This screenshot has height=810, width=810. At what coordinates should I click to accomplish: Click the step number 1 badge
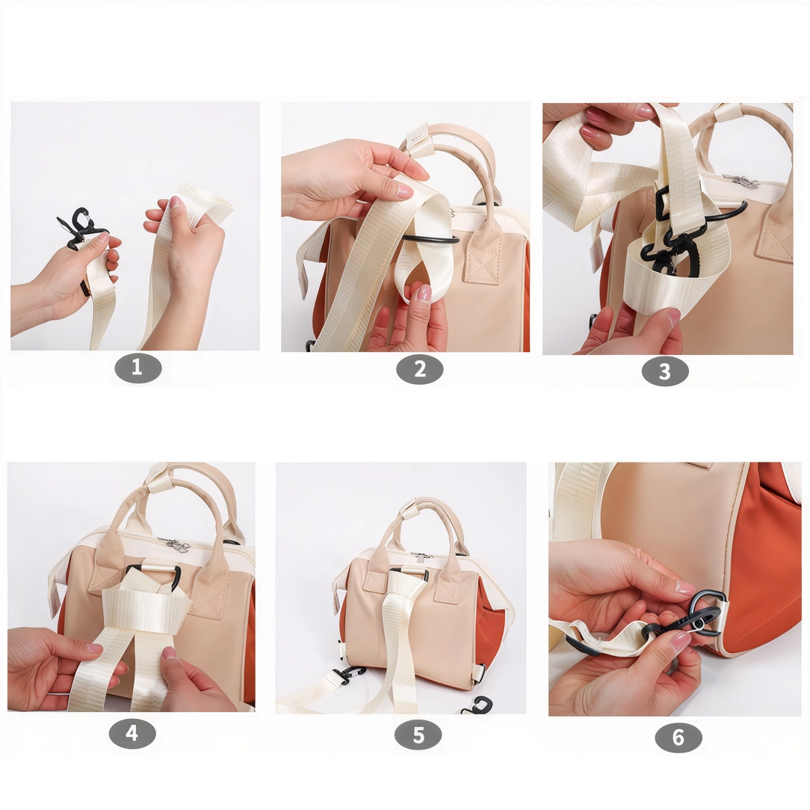[x=137, y=368]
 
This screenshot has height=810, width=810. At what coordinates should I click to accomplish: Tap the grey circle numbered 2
[x=419, y=368]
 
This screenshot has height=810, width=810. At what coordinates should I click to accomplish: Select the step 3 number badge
[x=664, y=371]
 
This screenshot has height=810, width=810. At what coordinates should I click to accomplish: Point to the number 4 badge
[x=132, y=733]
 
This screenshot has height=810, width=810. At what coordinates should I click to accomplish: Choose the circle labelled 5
[x=418, y=735]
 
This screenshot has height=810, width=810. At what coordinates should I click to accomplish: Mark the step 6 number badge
[x=678, y=738]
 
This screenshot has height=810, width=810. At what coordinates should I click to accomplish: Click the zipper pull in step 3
[x=742, y=180]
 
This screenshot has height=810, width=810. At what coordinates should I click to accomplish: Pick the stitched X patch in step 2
[x=482, y=265]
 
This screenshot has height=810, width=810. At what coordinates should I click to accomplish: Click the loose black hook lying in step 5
[x=478, y=705]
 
